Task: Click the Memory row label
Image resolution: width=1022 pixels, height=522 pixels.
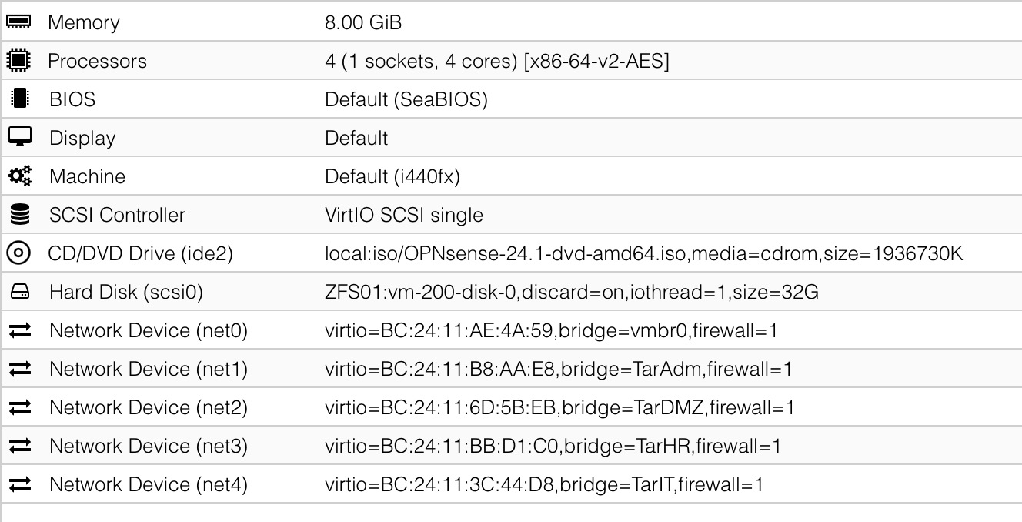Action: pyautogui.click(x=83, y=22)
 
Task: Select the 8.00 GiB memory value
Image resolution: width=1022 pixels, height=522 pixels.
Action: pyautogui.click(x=363, y=22)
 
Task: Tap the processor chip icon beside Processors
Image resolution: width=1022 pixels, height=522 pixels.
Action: pyautogui.click(x=18, y=60)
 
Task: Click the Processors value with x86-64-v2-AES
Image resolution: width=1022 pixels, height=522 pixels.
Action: pyautogui.click(x=497, y=61)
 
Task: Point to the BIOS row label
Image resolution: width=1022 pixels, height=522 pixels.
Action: pyautogui.click(x=72, y=99)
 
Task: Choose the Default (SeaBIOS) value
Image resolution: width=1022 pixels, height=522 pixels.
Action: pyautogui.click(x=406, y=99)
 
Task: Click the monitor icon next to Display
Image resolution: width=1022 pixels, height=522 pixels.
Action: pyautogui.click(x=20, y=136)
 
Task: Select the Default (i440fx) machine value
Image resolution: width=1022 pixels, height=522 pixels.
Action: pyautogui.click(x=392, y=176)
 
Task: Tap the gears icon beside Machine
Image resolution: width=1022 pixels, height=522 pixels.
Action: pyautogui.click(x=20, y=176)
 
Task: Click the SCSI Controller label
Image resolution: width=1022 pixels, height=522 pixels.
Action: pyautogui.click(x=117, y=215)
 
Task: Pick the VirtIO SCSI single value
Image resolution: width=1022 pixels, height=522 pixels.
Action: pyautogui.click(x=404, y=215)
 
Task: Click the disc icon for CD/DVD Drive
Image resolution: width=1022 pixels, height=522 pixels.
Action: pyautogui.click(x=18, y=253)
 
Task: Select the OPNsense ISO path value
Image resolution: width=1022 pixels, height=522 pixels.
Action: pyautogui.click(x=644, y=254)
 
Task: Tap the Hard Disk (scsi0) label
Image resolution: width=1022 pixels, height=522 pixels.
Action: pyautogui.click(x=126, y=292)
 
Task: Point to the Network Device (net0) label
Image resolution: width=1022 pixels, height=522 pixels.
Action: pyautogui.click(x=149, y=330)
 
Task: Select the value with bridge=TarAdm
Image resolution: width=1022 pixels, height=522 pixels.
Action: pyautogui.click(x=559, y=369)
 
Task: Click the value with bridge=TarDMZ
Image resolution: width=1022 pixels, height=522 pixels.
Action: pyautogui.click(x=559, y=407)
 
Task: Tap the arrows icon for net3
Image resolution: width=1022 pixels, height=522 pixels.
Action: pyautogui.click(x=20, y=445)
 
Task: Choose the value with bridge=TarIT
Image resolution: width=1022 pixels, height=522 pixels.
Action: pyautogui.click(x=544, y=484)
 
